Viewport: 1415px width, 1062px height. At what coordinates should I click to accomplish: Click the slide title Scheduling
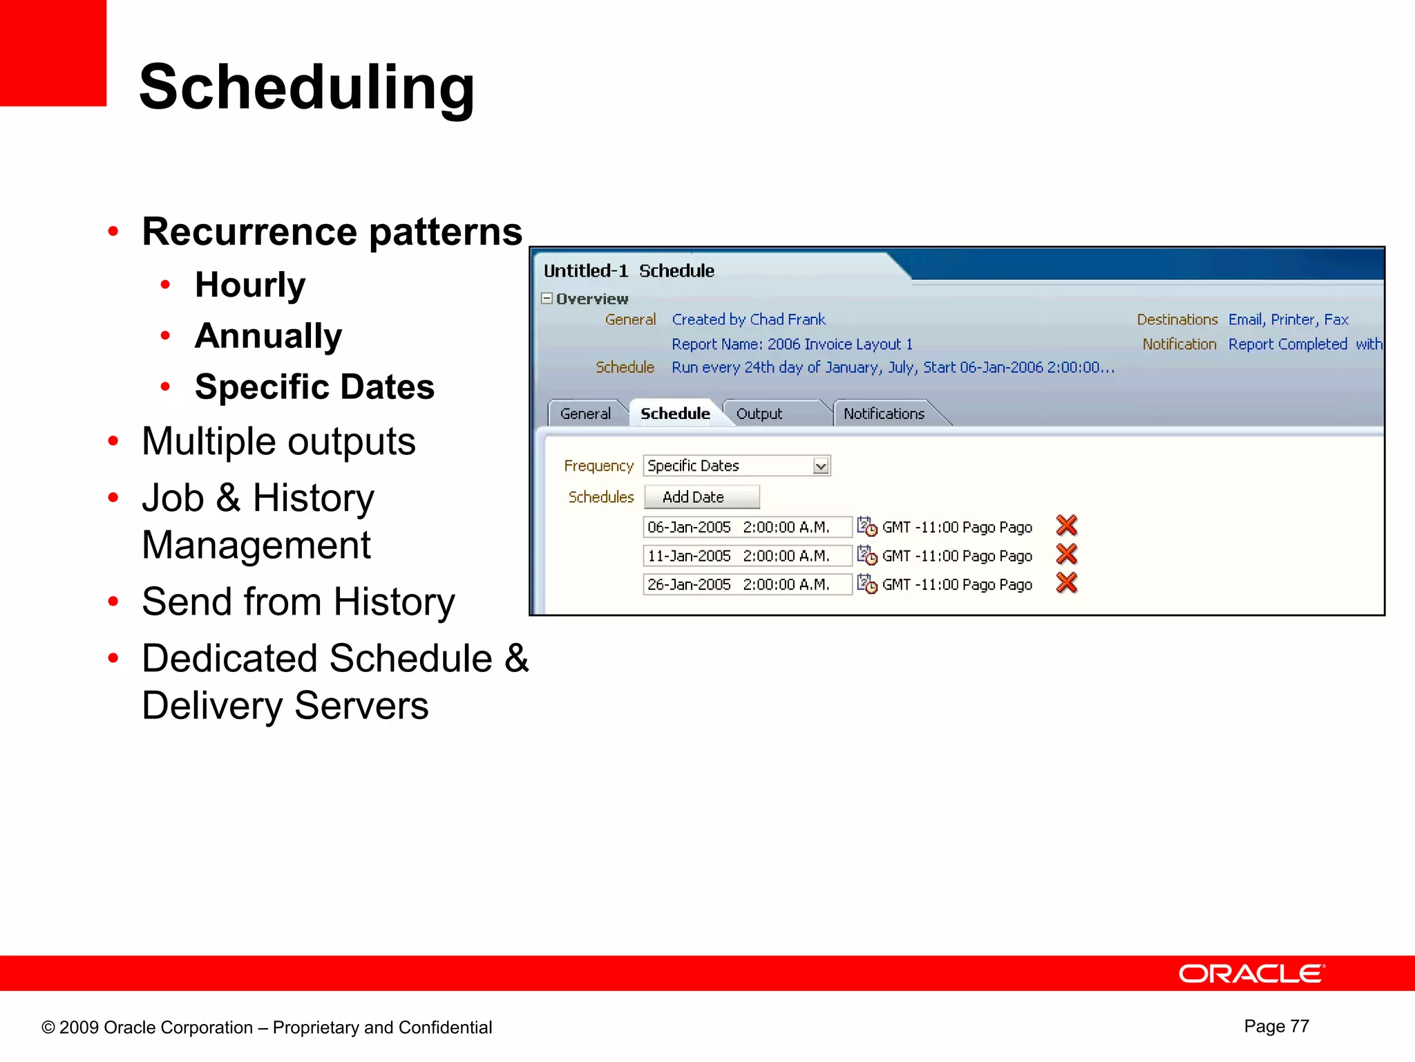[307, 87]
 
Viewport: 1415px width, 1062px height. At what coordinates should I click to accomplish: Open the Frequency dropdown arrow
[820, 466]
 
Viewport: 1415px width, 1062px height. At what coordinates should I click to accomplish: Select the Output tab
[759, 413]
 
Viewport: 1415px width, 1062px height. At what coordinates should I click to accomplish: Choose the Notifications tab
[883, 413]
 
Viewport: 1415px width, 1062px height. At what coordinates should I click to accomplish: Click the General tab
[585, 413]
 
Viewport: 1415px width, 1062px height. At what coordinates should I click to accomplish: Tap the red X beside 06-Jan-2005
[1066, 525]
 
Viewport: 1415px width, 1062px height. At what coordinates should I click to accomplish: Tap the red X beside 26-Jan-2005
[1066, 584]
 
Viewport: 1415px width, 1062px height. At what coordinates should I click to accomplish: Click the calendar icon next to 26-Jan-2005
[866, 584]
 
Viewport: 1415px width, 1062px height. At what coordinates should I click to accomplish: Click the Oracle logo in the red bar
[1251, 973]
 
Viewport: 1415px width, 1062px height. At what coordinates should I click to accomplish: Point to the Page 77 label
[1276, 1026]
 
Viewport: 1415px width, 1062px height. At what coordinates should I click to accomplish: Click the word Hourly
[250, 285]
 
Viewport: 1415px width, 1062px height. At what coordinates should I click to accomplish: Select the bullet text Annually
[268, 336]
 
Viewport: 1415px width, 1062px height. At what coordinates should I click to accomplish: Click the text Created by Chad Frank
[748, 319]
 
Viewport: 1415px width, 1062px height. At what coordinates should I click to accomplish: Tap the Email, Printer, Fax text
[1288, 319]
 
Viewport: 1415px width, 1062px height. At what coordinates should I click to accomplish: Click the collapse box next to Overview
[547, 299]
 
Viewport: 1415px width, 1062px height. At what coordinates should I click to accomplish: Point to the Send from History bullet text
[298, 602]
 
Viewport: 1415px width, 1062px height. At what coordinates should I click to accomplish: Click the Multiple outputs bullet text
[278, 441]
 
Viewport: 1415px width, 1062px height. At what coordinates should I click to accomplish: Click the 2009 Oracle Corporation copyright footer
[267, 1027]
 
